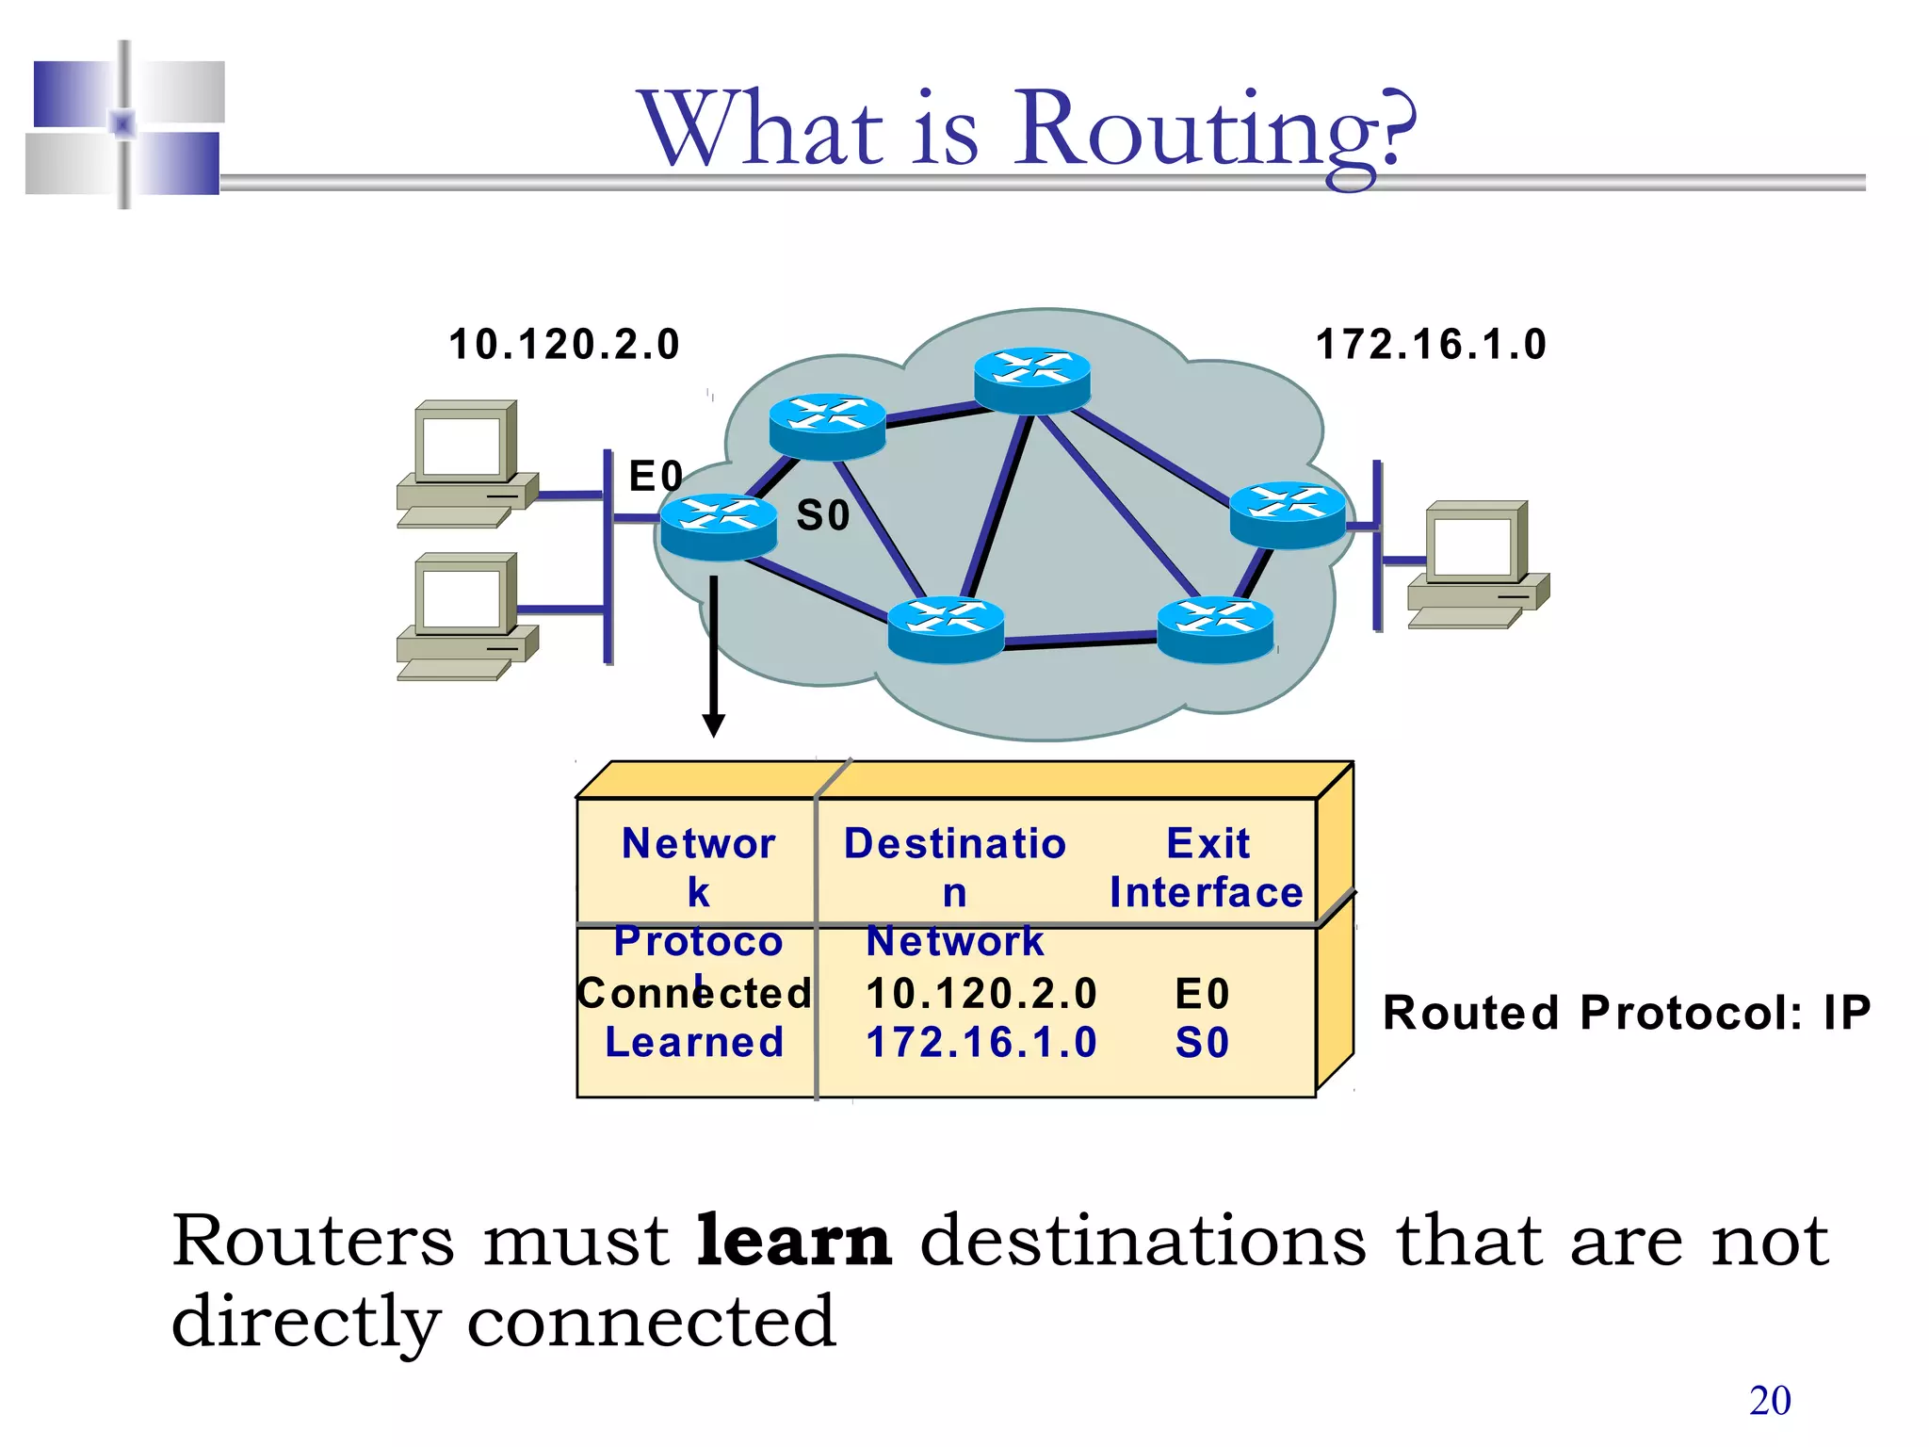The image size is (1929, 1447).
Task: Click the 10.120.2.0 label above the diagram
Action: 563,344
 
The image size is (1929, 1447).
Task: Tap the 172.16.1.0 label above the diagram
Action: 1430,344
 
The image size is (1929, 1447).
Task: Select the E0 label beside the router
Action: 655,476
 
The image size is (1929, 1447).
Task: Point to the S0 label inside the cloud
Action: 822,515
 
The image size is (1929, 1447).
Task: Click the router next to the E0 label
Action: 719,527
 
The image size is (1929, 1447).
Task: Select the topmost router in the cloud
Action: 1031,381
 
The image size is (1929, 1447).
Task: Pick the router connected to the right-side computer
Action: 1288,514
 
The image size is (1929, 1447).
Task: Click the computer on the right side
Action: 1477,562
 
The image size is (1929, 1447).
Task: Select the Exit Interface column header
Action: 1207,868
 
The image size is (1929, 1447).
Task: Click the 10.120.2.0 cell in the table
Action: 981,994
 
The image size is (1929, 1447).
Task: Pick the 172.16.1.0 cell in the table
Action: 981,1043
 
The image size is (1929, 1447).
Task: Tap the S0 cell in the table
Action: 1202,1043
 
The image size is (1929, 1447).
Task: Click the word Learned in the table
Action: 694,1043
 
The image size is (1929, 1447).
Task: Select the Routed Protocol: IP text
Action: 1626,1014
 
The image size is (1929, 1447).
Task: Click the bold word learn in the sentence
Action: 793,1241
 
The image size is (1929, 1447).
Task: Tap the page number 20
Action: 1770,1401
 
